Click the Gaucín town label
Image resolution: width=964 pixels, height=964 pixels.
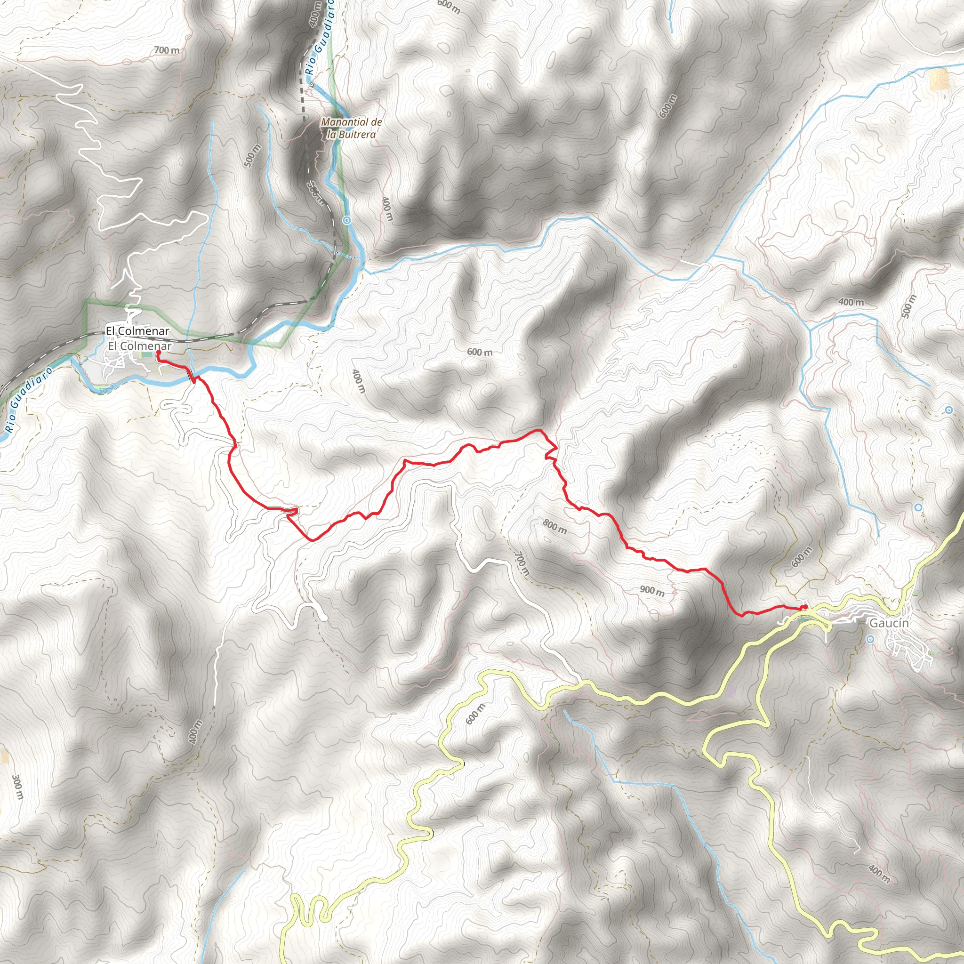(x=889, y=623)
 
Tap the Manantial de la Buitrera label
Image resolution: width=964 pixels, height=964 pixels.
(x=351, y=128)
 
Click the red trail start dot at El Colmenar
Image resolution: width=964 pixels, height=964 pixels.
(x=159, y=353)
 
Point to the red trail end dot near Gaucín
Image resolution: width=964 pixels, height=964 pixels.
(x=805, y=607)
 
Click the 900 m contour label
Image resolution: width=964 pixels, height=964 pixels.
(x=652, y=591)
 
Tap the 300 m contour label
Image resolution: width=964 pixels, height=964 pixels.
(x=17, y=787)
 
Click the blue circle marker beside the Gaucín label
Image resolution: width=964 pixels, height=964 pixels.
(x=871, y=639)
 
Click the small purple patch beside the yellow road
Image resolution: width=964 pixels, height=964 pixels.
(x=732, y=691)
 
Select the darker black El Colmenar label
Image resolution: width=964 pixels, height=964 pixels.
(x=137, y=331)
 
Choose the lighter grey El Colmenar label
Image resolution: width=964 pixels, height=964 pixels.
(x=140, y=346)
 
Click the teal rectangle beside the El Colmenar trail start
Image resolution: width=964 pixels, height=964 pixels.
(x=145, y=355)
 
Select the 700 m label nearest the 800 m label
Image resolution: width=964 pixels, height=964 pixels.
(x=521, y=563)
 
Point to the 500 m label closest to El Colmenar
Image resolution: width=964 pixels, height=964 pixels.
(x=252, y=156)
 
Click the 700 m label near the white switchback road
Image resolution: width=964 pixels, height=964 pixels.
(x=167, y=50)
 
